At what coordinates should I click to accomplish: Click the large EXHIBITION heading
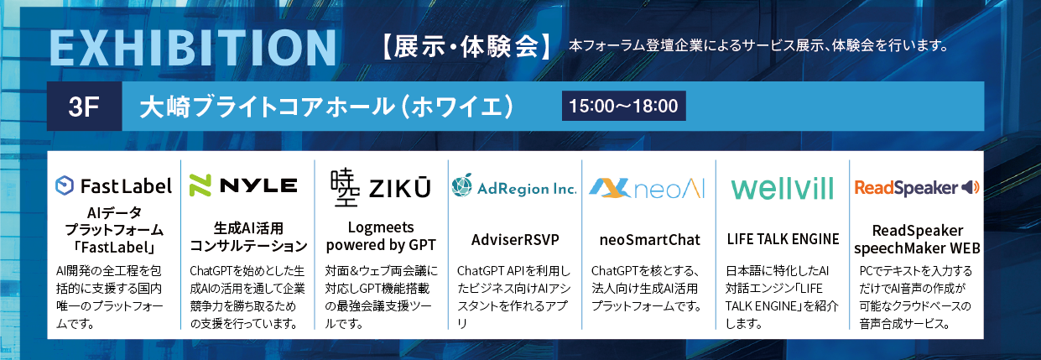193,48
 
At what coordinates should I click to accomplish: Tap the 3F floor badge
84,107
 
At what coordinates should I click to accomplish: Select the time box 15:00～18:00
623,106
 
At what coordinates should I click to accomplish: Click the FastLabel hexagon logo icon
65,185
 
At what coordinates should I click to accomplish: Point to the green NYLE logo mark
200,185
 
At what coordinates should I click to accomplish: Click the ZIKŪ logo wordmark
399,188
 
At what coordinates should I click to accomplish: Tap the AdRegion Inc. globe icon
462,185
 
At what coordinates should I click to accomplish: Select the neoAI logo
647,188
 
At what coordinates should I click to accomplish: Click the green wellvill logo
783,188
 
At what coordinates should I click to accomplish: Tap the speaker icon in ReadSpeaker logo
971,187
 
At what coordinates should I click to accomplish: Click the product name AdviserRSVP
515,239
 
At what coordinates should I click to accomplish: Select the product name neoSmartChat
649,239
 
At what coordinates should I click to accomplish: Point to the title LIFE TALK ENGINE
783,239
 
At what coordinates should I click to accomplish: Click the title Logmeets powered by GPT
381,237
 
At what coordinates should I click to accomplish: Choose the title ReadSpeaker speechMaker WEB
917,239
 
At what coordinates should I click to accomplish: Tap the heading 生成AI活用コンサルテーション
248,237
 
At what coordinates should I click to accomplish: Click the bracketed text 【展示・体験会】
466,46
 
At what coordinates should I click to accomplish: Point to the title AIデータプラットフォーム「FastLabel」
114,230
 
